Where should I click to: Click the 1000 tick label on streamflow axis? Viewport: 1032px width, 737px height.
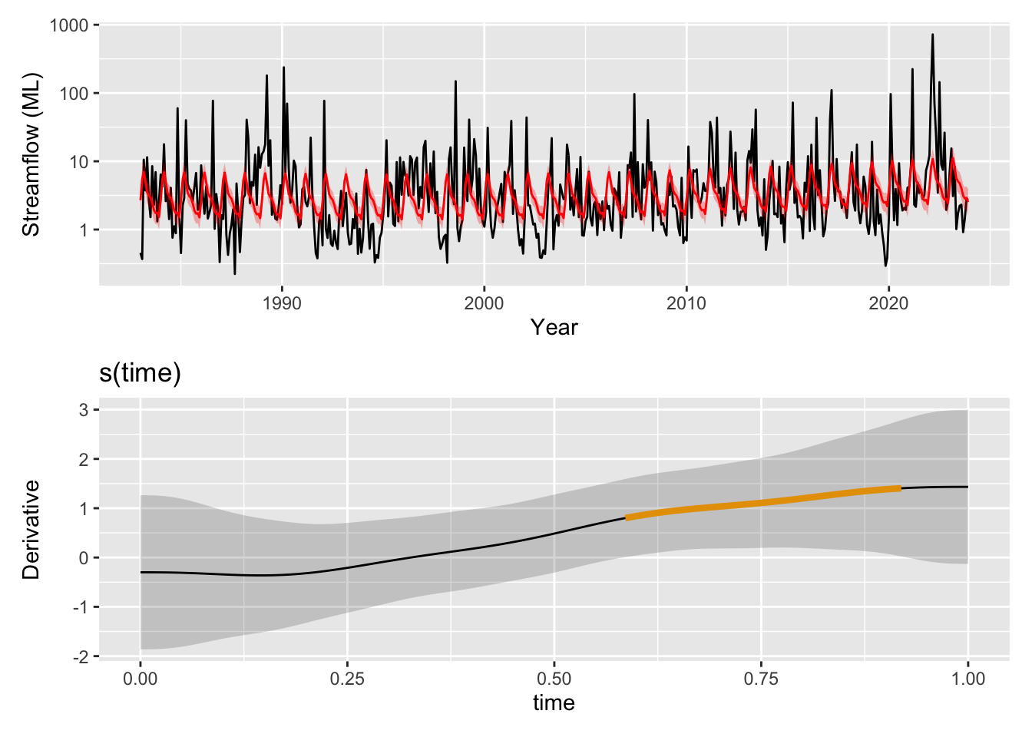pyautogui.click(x=69, y=25)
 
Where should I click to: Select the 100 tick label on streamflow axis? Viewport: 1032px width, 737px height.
pyautogui.click(x=74, y=94)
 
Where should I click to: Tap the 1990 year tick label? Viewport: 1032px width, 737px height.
pyautogui.click(x=282, y=303)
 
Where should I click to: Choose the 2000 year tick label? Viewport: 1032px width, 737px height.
pyautogui.click(x=484, y=303)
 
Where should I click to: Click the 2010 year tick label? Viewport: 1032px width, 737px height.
pyautogui.click(x=686, y=303)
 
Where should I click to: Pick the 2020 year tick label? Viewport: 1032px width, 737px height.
pyautogui.click(x=888, y=303)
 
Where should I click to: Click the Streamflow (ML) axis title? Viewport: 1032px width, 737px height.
pyautogui.click(x=31, y=155)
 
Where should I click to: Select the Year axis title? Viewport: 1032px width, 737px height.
pyautogui.click(x=554, y=328)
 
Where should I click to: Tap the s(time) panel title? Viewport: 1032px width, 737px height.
pyautogui.click(x=141, y=373)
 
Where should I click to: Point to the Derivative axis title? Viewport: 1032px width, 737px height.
pyautogui.click(x=31, y=529)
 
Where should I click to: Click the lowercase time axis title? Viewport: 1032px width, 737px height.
pyautogui.click(x=554, y=703)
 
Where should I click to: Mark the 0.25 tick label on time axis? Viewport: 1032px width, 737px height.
pyautogui.click(x=347, y=679)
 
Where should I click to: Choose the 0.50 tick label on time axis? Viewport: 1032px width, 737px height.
pyautogui.click(x=554, y=679)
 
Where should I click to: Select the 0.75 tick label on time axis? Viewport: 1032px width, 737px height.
pyautogui.click(x=761, y=679)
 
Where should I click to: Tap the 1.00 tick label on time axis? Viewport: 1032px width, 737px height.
pyautogui.click(x=968, y=679)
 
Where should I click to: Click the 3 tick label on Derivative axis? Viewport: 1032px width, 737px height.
pyautogui.click(x=84, y=410)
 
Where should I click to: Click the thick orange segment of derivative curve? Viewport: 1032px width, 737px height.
pyautogui.click(x=760, y=503)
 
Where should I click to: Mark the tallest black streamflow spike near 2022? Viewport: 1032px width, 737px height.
pyautogui.click(x=932, y=35)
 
